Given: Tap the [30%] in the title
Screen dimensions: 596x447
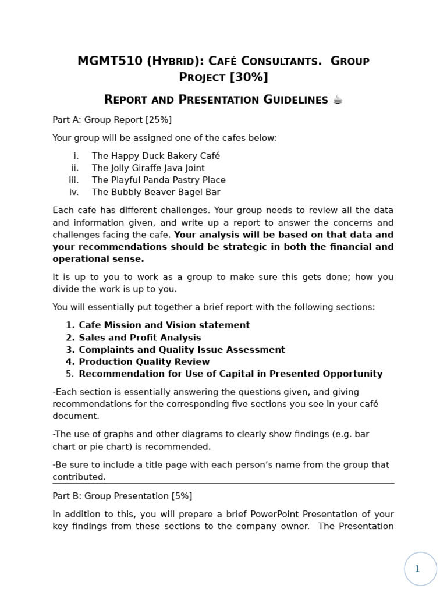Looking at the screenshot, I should pyautogui.click(x=249, y=77).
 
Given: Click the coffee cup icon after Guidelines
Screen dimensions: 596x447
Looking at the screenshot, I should pyautogui.click(x=338, y=100).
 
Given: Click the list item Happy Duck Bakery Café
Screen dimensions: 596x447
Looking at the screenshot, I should pyautogui.click(x=156, y=156).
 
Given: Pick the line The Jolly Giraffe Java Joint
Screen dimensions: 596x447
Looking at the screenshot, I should pyautogui.click(x=148, y=168).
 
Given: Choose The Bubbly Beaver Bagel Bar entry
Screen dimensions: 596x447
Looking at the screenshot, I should pyautogui.click(x=156, y=192).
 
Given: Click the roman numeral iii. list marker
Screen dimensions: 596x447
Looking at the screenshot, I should pyautogui.click(x=73, y=180).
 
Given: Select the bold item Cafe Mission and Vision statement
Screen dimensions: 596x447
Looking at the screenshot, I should pyautogui.click(x=164, y=325).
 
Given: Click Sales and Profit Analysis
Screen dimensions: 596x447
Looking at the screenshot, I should pyautogui.click(x=140, y=338).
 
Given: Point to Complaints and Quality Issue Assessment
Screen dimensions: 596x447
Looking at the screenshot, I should pyautogui.click(x=182, y=350).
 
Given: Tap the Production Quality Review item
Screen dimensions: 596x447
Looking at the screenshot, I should pyautogui.click(x=144, y=362).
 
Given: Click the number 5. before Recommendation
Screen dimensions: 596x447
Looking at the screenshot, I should pyautogui.click(x=70, y=374).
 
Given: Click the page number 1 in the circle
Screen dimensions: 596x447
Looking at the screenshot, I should pyautogui.click(x=417, y=569).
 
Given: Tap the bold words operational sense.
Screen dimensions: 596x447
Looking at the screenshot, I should pyautogui.click(x=98, y=259).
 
